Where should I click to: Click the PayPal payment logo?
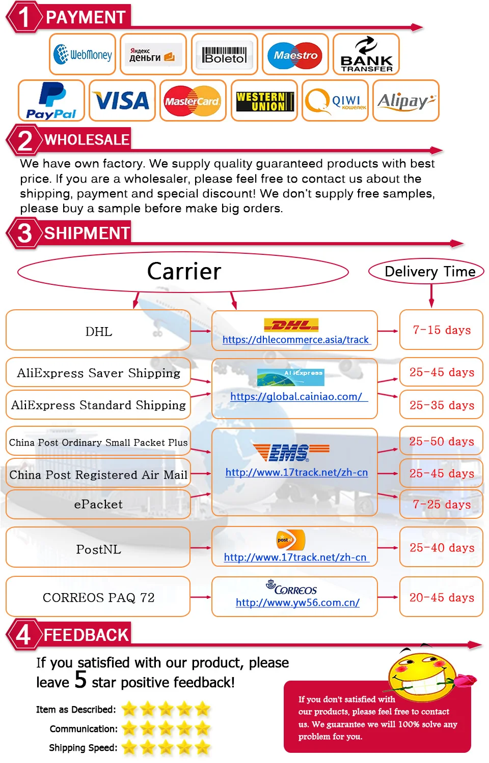(51, 101)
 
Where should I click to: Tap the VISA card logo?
(122, 101)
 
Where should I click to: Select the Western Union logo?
(264, 101)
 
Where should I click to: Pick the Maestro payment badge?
(295, 54)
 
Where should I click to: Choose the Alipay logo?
(405, 101)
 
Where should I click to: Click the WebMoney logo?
(83, 54)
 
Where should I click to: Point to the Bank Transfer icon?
(366, 54)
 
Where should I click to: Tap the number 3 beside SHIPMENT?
(24, 233)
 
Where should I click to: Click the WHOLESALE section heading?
(87, 139)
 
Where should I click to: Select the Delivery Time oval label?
(429, 271)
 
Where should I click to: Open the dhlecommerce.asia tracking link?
(295, 340)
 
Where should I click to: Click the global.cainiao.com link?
(296, 397)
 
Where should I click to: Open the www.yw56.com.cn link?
(297, 603)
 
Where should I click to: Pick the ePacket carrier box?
(98, 504)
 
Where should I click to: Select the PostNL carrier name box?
(98, 549)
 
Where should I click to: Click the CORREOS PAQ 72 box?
(98, 598)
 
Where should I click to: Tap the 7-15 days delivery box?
(442, 330)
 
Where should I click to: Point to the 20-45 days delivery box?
(442, 598)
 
